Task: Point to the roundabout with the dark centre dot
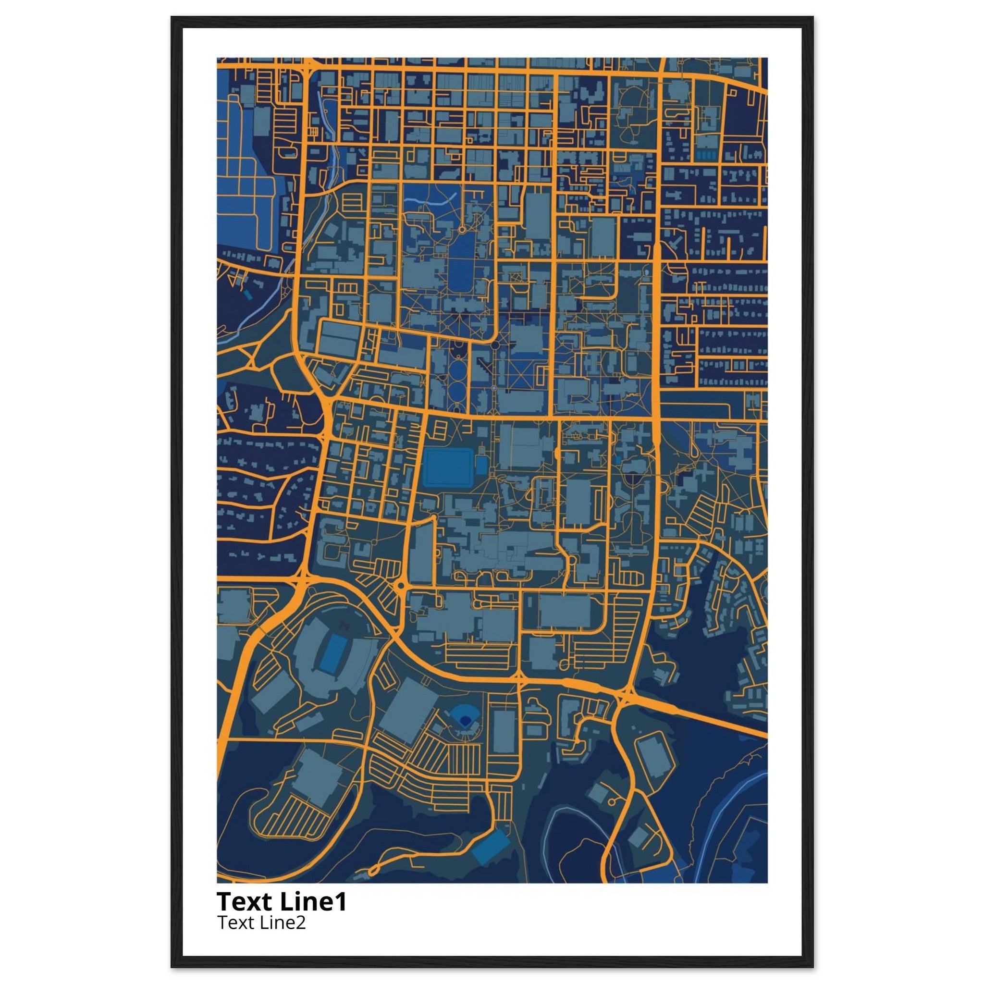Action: (401, 586)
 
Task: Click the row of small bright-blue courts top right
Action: (705, 154)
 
